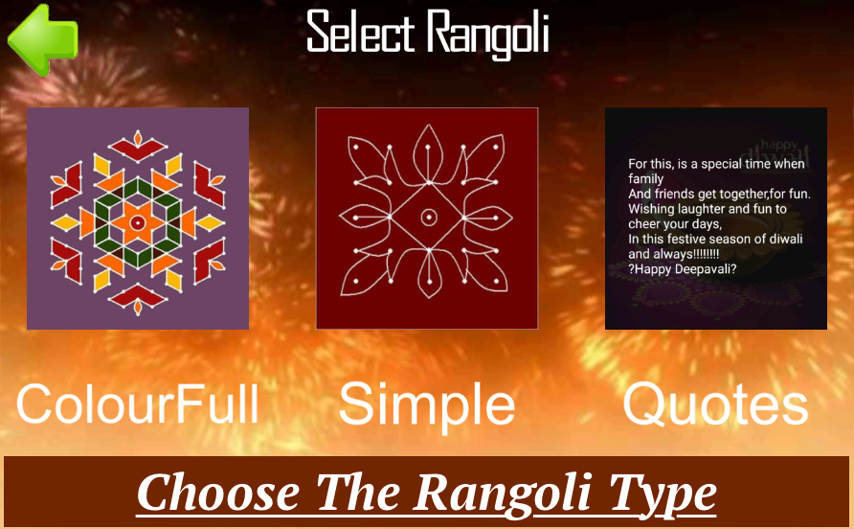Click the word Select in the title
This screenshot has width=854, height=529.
pos(361,32)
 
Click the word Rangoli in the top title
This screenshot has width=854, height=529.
pos(487,34)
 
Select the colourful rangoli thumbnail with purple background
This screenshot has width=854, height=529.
pos(138,218)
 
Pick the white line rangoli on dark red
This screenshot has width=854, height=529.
pos(427,218)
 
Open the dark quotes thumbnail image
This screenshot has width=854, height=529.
pos(716,218)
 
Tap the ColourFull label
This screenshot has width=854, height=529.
pos(138,404)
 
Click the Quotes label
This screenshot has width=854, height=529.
pos(716,404)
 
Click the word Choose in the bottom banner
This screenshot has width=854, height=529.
pos(218,493)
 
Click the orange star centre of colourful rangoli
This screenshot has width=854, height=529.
pos(138,222)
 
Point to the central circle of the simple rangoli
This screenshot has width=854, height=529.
pos(429,218)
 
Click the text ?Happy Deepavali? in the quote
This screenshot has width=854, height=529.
pos(682,269)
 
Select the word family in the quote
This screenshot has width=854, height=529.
pos(645,179)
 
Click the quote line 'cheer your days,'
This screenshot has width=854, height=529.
pos(675,224)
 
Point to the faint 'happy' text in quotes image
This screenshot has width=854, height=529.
pos(778,145)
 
